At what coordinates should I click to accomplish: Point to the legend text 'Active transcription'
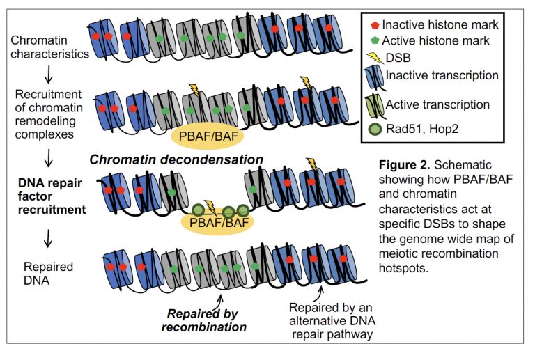coord(437,104)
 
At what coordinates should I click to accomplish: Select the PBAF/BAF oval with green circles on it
coord(215,223)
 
